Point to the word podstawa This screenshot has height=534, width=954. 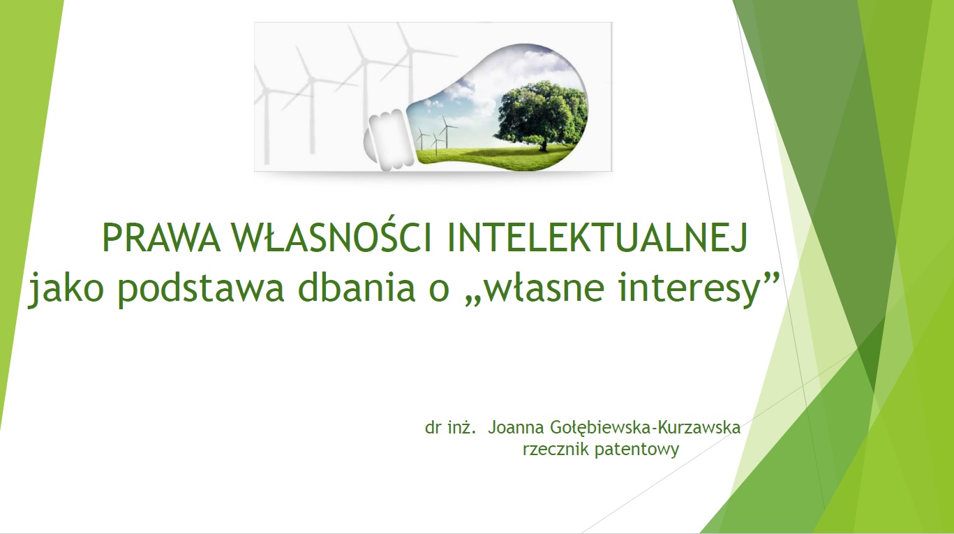pyautogui.click(x=200, y=288)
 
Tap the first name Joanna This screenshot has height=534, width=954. pyautogui.click(x=516, y=427)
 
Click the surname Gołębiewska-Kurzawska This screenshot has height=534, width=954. pyautogui.click(x=646, y=428)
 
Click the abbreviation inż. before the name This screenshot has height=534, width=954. pyautogui.click(x=461, y=427)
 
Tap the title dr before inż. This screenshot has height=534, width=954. pyautogui.click(x=433, y=427)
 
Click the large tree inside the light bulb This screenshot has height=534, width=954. pyautogui.click(x=541, y=113)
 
